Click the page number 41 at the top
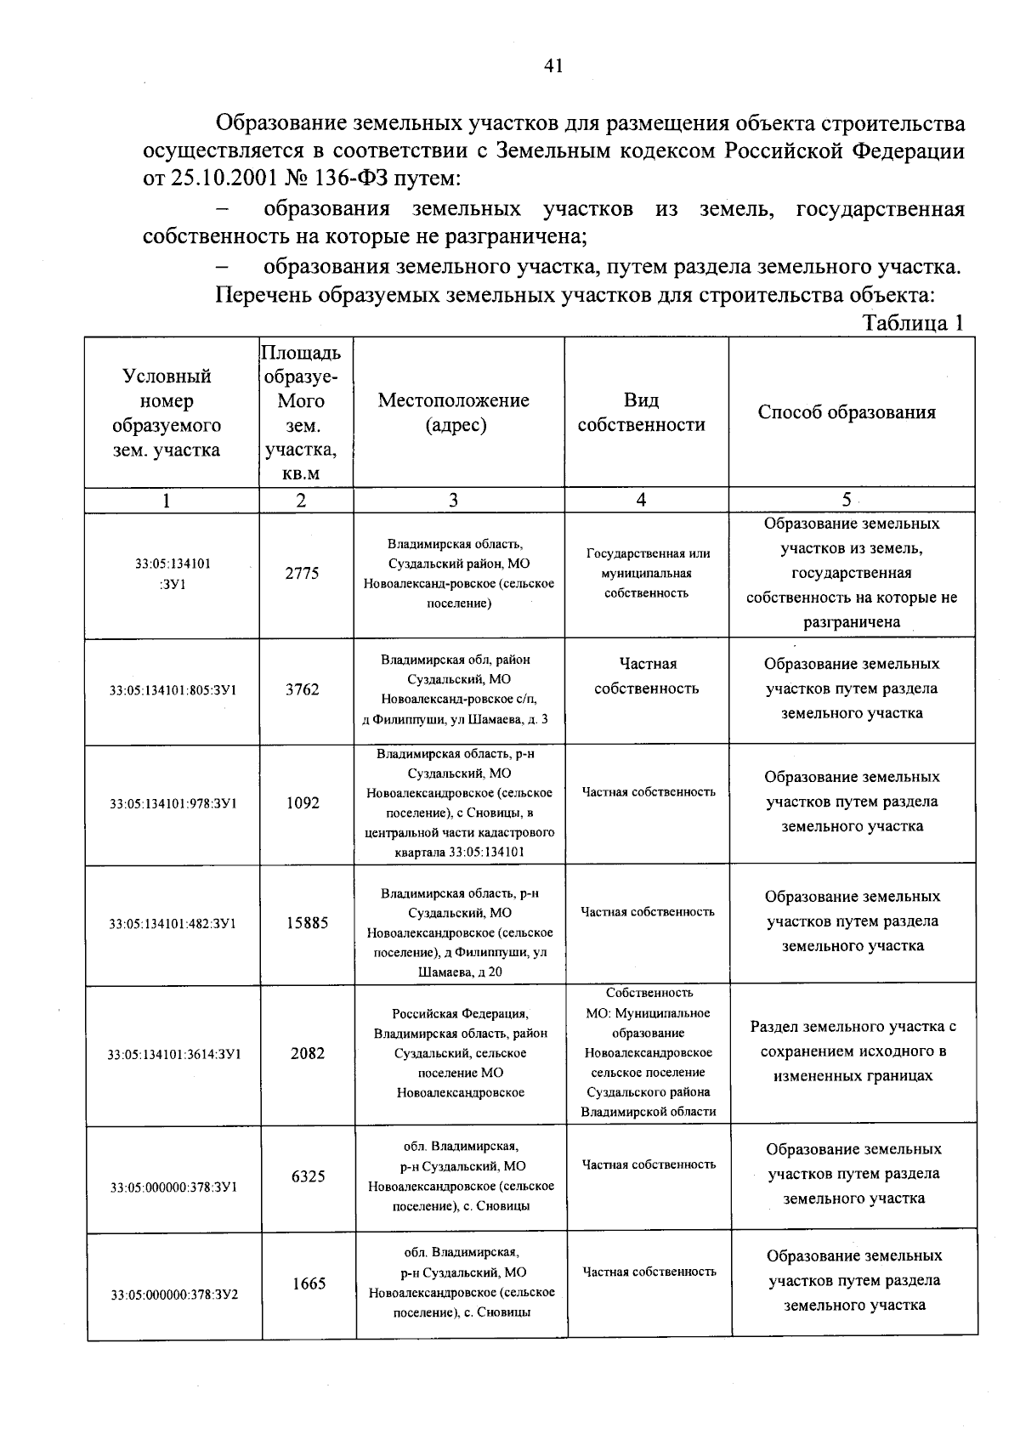pos(552,66)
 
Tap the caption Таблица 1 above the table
pos(913,323)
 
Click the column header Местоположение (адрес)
pos(453,412)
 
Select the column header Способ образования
pos(847,412)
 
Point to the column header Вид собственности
pos(641,412)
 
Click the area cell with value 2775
pos(302,574)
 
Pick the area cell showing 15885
pos(307,922)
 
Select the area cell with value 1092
pos(303,802)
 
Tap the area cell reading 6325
pos(308,1176)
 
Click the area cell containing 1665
pos(309,1283)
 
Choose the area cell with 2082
pos(307,1053)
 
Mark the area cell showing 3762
pos(302,689)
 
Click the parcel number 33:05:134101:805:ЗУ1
pos(173,690)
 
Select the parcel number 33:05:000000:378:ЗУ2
pos(174,1295)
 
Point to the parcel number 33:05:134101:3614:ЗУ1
pos(174,1055)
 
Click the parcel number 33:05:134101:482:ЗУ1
pos(173,923)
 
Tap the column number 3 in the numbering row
pos(453,501)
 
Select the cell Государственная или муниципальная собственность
pos(648,573)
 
